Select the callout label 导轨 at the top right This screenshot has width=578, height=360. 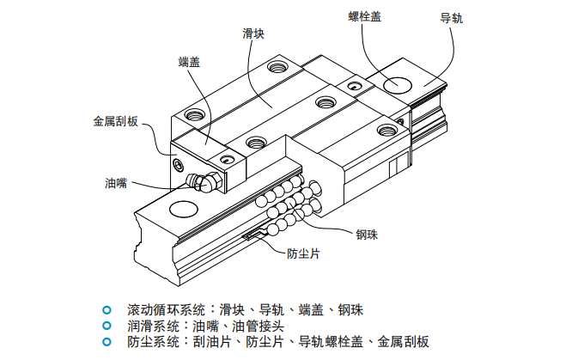coord(451,18)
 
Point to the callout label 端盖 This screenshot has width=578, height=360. coord(189,62)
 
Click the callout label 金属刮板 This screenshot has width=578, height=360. coord(115,122)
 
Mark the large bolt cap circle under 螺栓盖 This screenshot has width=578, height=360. coord(398,84)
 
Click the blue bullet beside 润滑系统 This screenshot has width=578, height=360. coord(106,326)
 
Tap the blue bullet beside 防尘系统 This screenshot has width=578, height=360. coord(106,342)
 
